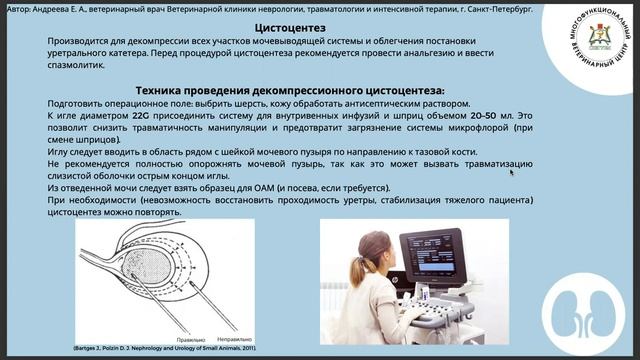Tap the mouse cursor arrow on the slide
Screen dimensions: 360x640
[x=512, y=172]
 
